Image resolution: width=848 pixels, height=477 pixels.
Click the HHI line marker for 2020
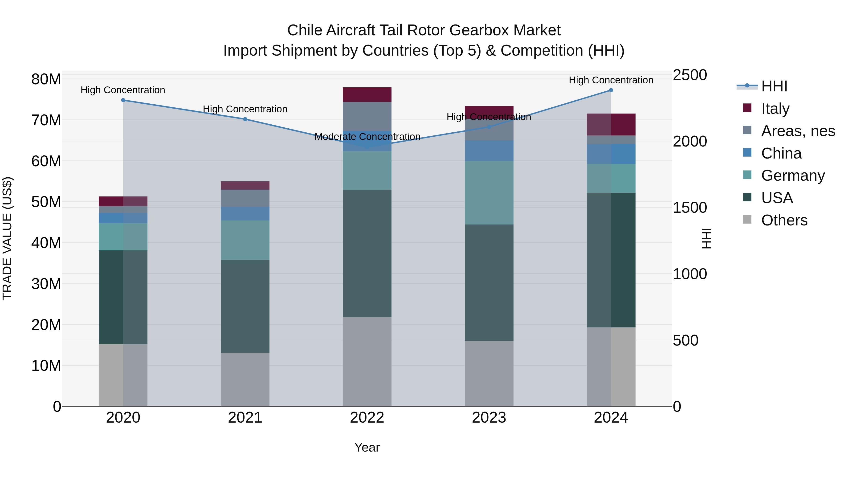tap(123, 100)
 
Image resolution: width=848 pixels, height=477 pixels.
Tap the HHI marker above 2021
tap(245, 119)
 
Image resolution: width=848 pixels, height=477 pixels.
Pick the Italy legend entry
tap(775, 108)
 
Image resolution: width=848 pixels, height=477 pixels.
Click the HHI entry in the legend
tap(774, 86)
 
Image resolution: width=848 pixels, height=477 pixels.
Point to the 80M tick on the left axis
tap(46, 79)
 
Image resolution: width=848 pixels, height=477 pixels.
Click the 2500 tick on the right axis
tap(690, 75)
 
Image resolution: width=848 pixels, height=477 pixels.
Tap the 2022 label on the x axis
tap(367, 417)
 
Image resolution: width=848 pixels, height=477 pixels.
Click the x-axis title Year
tap(367, 447)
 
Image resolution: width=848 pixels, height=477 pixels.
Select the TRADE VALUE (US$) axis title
tap(8, 238)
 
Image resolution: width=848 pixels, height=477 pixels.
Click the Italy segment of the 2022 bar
tap(367, 94)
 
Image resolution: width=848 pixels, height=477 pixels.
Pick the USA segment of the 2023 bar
tap(489, 282)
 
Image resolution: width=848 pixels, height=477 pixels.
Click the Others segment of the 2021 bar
tap(245, 379)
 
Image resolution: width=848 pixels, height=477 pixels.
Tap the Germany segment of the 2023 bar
tap(489, 193)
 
